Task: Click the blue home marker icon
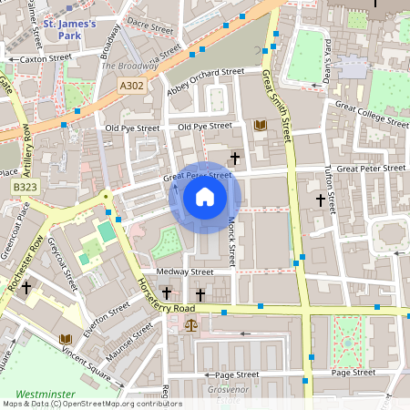click(205, 196)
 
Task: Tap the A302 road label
click(130, 84)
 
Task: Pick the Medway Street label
click(184, 272)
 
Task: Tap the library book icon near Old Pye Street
click(260, 125)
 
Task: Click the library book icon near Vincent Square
click(65, 340)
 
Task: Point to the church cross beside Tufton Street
click(320, 200)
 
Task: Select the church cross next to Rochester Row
click(26, 288)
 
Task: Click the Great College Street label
click(373, 114)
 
